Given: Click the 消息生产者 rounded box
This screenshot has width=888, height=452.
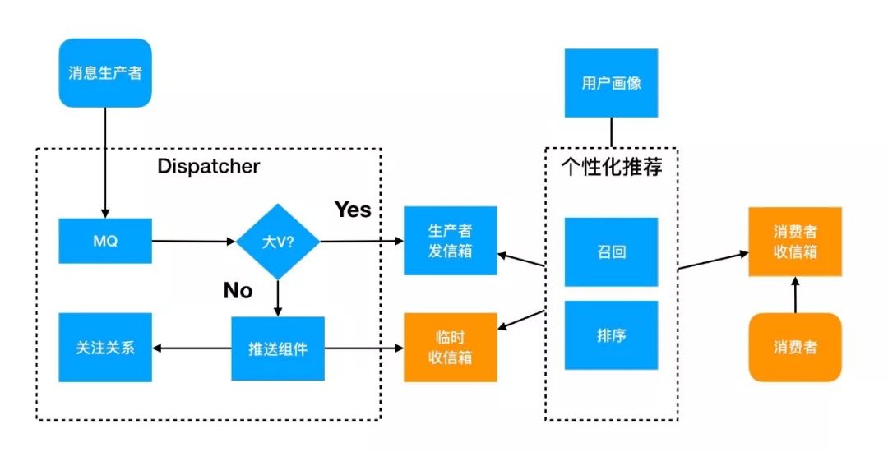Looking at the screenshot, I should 105,72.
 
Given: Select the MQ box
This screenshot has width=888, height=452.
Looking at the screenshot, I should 105,241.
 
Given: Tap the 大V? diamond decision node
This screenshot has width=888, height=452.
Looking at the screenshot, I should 278,242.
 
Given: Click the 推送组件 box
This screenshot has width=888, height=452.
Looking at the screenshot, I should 278,348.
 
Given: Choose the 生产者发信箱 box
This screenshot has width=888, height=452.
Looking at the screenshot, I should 450,240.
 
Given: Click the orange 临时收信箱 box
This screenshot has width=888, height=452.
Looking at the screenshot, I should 450,347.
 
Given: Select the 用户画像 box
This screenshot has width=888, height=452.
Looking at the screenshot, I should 611,83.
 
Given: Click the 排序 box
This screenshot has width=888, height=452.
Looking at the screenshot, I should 611,335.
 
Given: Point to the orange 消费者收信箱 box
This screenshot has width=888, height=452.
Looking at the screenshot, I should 794,242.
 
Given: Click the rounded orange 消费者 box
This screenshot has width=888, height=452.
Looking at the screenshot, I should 794,347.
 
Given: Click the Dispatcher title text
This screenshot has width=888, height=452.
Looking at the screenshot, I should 208,167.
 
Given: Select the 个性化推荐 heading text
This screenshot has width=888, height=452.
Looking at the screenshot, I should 612,167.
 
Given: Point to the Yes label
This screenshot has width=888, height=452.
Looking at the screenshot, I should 352,210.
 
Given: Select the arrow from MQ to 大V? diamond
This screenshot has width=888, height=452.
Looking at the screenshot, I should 194,242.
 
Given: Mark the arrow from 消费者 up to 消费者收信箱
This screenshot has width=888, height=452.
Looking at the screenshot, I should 794,295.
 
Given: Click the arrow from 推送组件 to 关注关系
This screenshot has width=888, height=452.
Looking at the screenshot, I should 192,348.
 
